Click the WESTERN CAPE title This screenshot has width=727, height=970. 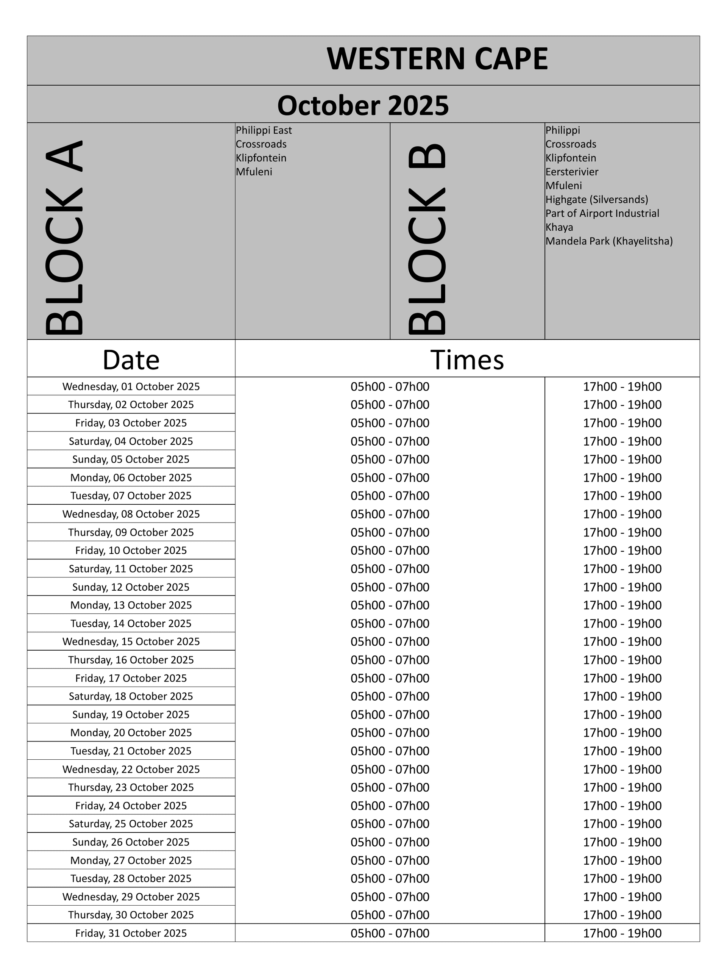(x=437, y=59)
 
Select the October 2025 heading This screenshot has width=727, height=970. (x=363, y=106)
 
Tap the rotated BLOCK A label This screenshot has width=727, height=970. (x=64, y=237)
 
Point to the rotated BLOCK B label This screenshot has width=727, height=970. (x=427, y=239)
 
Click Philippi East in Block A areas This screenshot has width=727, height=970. (x=264, y=130)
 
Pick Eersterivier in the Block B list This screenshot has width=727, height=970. (x=571, y=172)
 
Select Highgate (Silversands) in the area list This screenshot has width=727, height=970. (x=596, y=200)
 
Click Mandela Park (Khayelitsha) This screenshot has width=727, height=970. (x=609, y=241)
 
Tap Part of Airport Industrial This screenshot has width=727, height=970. (x=602, y=214)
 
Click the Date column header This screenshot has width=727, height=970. (x=131, y=360)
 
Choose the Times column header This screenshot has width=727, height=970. (x=467, y=360)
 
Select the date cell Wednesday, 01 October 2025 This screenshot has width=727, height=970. (x=131, y=387)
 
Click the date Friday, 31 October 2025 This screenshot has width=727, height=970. (x=131, y=933)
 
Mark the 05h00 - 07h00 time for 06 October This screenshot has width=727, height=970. (x=390, y=477)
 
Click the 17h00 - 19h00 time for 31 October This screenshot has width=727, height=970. (x=622, y=933)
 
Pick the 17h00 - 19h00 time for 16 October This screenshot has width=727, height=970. (x=622, y=660)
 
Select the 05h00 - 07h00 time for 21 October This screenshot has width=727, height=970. (x=390, y=751)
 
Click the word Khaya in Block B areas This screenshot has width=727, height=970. (x=559, y=227)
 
